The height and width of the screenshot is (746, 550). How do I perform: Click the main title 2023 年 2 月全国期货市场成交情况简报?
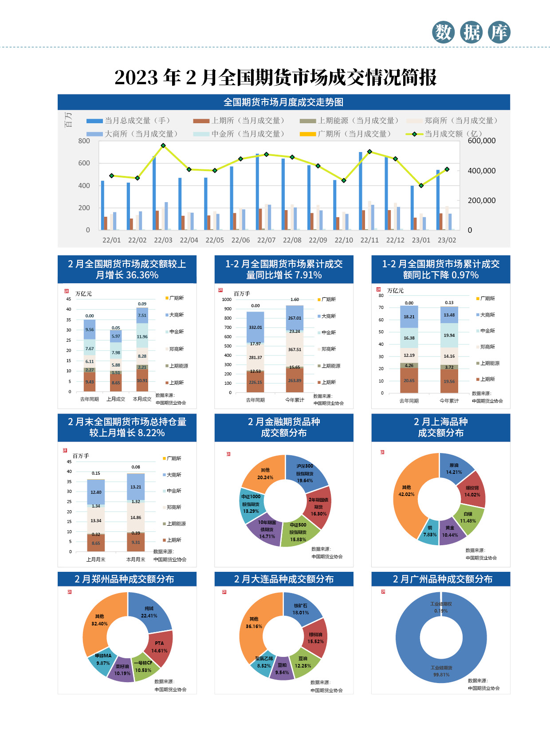275,77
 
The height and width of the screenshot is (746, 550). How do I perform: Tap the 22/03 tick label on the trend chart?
163,240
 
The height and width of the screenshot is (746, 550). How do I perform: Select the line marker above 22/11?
369,152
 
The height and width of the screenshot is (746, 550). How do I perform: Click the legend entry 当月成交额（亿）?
452,134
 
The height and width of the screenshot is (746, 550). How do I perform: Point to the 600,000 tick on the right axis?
481,141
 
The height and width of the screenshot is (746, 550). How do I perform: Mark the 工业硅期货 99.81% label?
441,671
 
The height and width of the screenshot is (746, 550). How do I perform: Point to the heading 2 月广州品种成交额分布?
442,579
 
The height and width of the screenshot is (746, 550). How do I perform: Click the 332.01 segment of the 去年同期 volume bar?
255,327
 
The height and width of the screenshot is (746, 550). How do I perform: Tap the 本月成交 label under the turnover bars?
142,399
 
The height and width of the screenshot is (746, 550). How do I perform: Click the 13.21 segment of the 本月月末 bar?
136,487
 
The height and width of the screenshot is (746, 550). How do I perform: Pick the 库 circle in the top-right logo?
499,32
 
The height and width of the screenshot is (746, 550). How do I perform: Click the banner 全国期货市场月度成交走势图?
283,102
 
